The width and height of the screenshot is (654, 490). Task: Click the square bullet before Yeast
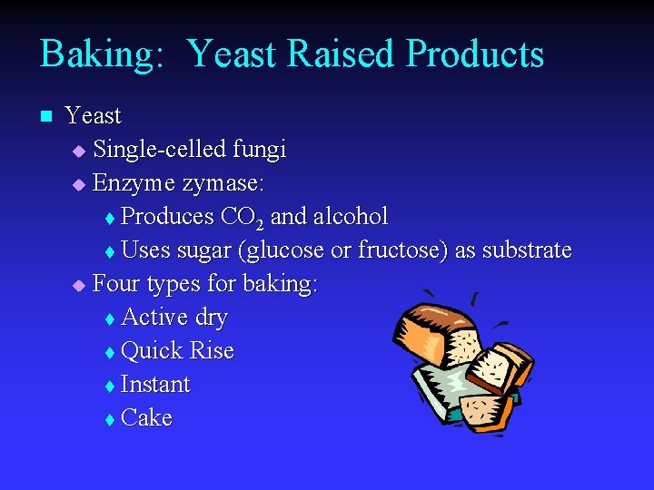pyautogui.click(x=46, y=116)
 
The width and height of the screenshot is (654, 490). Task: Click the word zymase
pyautogui.click(x=223, y=184)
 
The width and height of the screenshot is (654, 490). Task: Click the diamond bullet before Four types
pyautogui.click(x=78, y=285)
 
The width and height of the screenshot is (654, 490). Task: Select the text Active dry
pyautogui.click(x=173, y=318)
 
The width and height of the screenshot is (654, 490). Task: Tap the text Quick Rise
pyautogui.click(x=177, y=351)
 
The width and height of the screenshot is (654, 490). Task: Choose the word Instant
pyautogui.click(x=155, y=385)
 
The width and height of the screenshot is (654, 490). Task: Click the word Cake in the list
pyautogui.click(x=146, y=418)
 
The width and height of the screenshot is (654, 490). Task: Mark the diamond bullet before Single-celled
pyautogui.click(x=78, y=151)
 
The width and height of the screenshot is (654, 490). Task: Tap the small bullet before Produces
pyautogui.click(x=110, y=219)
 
